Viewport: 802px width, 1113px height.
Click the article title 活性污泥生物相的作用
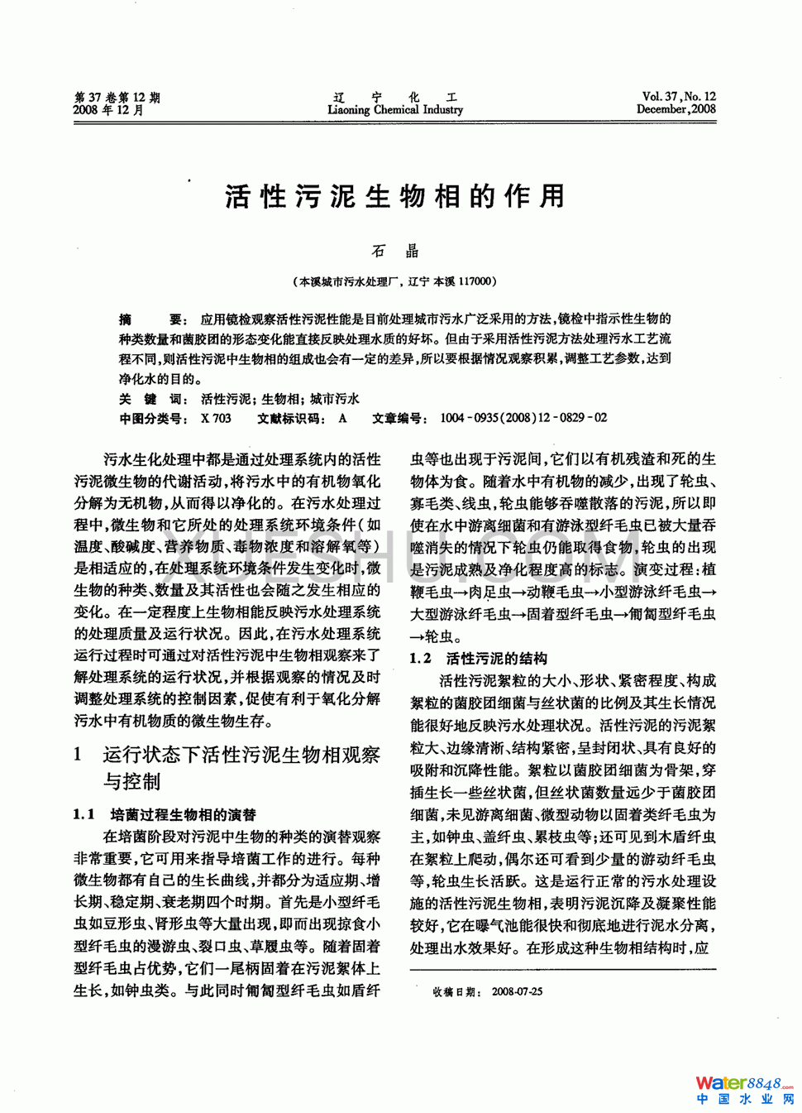[394, 197]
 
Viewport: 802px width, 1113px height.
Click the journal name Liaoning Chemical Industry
[395, 110]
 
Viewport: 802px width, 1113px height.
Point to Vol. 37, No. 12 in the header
[678, 97]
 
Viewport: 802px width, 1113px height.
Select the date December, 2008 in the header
[675, 109]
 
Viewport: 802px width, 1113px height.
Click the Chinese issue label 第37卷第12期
[117, 98]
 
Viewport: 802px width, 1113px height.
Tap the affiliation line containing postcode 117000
[394, 281]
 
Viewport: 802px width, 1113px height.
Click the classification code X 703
[216, 419]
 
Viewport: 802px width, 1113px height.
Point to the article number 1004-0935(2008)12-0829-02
[523, 419]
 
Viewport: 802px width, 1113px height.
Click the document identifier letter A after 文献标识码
[342, 419]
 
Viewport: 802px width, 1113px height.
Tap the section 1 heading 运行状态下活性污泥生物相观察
[241, 755]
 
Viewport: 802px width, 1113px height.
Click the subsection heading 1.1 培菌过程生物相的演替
[165, 815]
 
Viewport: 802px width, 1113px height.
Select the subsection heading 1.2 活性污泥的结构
[479, 659]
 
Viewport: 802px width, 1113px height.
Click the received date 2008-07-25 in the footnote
[516, 991]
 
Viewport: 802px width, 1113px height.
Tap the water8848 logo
[744, 1089]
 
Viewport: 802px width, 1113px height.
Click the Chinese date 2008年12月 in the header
[108, 110]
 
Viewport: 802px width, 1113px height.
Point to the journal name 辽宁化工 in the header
[395, 97]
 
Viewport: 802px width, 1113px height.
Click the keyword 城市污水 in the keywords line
[335, 399]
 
